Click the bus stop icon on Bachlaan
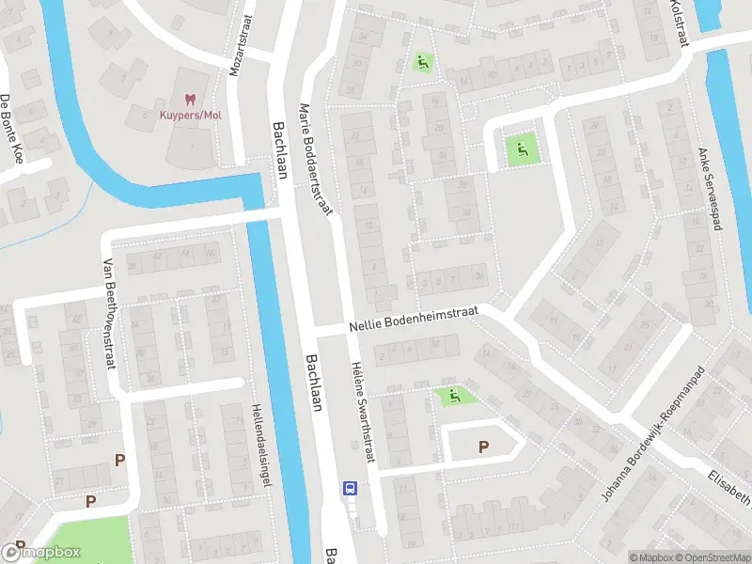pos(350,488)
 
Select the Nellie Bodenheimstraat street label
pos(414,319)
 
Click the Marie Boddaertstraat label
pos(317,160)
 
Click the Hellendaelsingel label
pos(260,445)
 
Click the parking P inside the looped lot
pos(484,447)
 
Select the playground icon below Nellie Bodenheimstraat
pos(454,397)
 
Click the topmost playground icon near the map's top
pos(422,63)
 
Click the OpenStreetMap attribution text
pos(711,557)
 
